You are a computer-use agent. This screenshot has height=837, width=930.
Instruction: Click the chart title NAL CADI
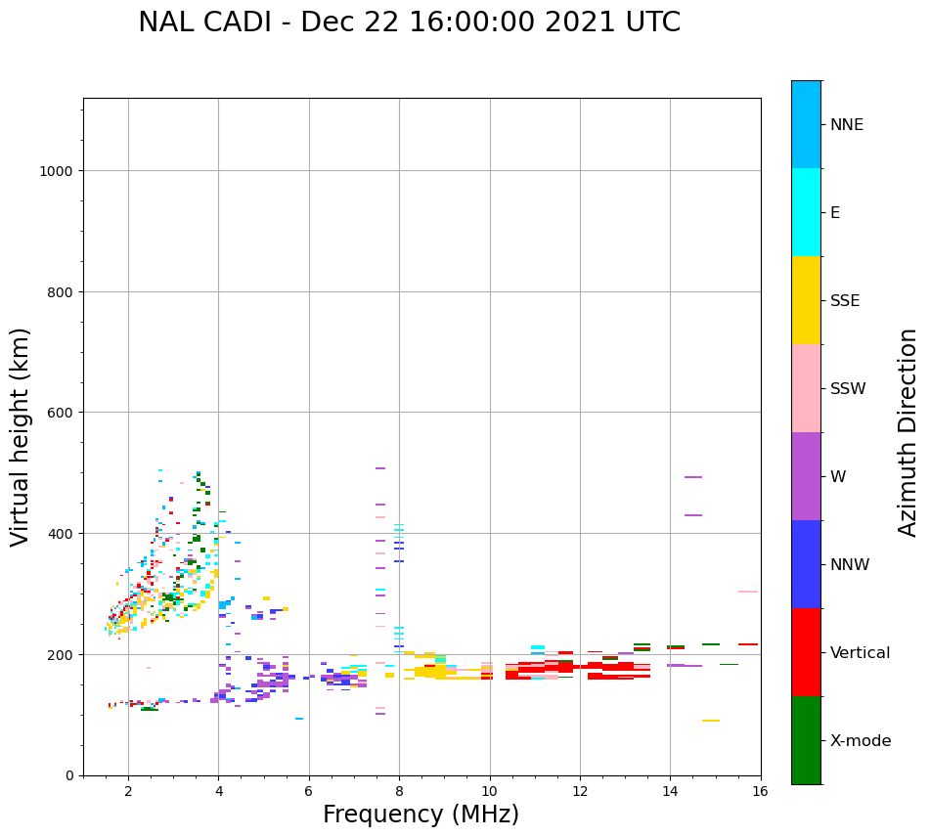click(x=409, y=22)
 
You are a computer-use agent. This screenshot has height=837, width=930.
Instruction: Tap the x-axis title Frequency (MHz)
click(x=421, y=815)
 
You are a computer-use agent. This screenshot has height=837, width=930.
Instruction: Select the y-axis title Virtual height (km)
click(x=21, y=436)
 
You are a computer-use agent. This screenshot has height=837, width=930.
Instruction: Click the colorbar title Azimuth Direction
click(x=908, y=432)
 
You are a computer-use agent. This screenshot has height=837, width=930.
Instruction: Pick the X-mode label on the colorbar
click(x=861, y=741)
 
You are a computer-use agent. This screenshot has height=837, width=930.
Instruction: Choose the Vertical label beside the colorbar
click(x=861, y=653)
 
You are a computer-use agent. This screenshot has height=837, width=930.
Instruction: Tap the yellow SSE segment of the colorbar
click(x=806, y=300)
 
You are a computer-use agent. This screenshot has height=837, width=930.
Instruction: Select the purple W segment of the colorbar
click(x=806, y=476)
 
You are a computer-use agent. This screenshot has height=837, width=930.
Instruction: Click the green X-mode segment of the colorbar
click(x=806, y=740)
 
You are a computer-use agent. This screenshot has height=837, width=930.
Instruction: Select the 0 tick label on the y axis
click(x=68, y=775)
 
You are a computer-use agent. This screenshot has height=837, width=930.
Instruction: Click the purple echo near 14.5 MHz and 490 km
click(x=693, y=477)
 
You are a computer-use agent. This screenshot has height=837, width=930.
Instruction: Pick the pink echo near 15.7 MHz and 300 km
click(x=748, y=592)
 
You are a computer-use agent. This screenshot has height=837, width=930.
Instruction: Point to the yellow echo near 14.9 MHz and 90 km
click(x=711, y=721)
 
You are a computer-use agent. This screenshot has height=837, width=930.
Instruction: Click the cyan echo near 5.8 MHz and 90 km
click(x=299, y=719)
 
